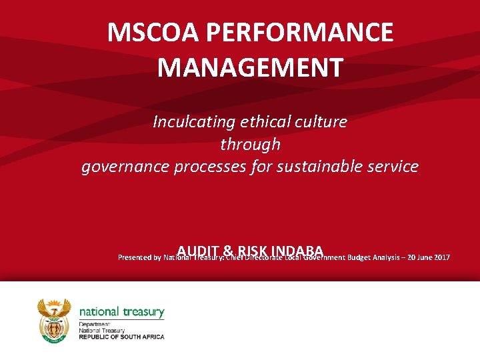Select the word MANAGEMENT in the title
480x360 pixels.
click(x=251, y=67)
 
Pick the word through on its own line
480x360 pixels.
click(x=250, y=144)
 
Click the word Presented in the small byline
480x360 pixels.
click(x=134, y=257)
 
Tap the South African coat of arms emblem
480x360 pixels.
click(x=54, y=321)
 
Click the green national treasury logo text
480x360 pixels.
click(x=121, y=312)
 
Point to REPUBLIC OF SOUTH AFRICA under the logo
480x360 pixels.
click(x=121, y=337)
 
